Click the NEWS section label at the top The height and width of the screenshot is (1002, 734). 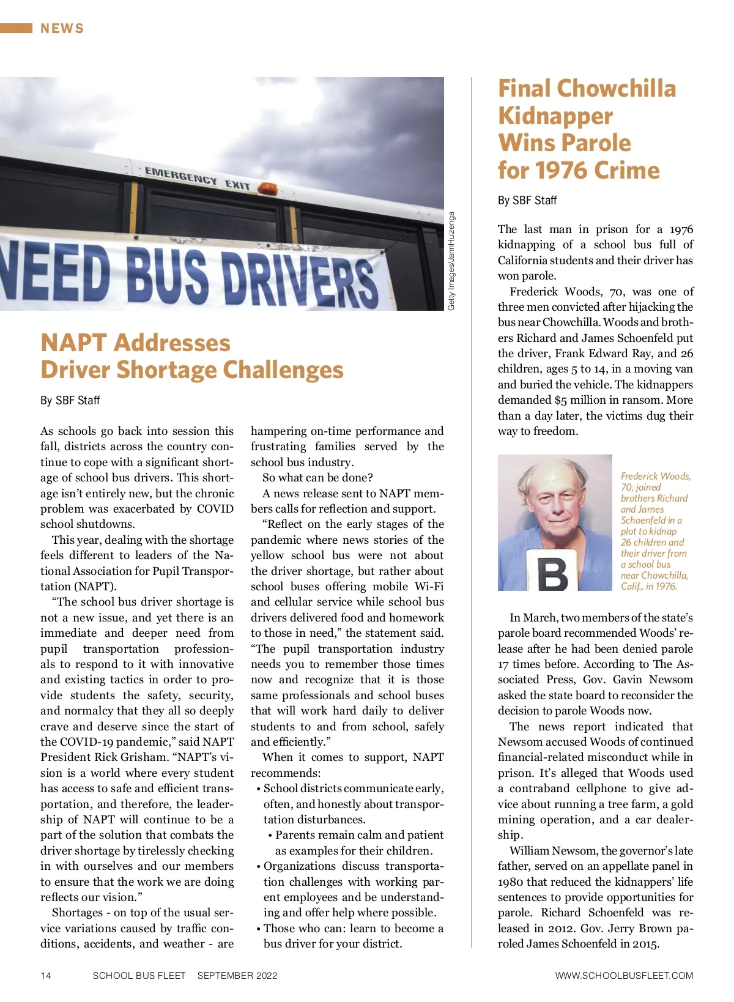click(62, 28)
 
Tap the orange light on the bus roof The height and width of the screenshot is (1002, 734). click(267, 188)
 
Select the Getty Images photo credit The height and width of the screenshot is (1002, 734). click(451, 261)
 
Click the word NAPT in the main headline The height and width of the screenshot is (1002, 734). click(73, 343)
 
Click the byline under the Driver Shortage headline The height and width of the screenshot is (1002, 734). click(70, 400)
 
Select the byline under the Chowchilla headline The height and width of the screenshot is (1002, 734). click(527, 200)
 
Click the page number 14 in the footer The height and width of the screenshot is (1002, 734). click(46, 975)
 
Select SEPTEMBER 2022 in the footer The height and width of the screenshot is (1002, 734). click(237, 975)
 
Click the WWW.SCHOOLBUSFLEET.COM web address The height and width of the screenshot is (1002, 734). click(624, 975)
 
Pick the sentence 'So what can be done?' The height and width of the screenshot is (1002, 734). click(317, 478)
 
